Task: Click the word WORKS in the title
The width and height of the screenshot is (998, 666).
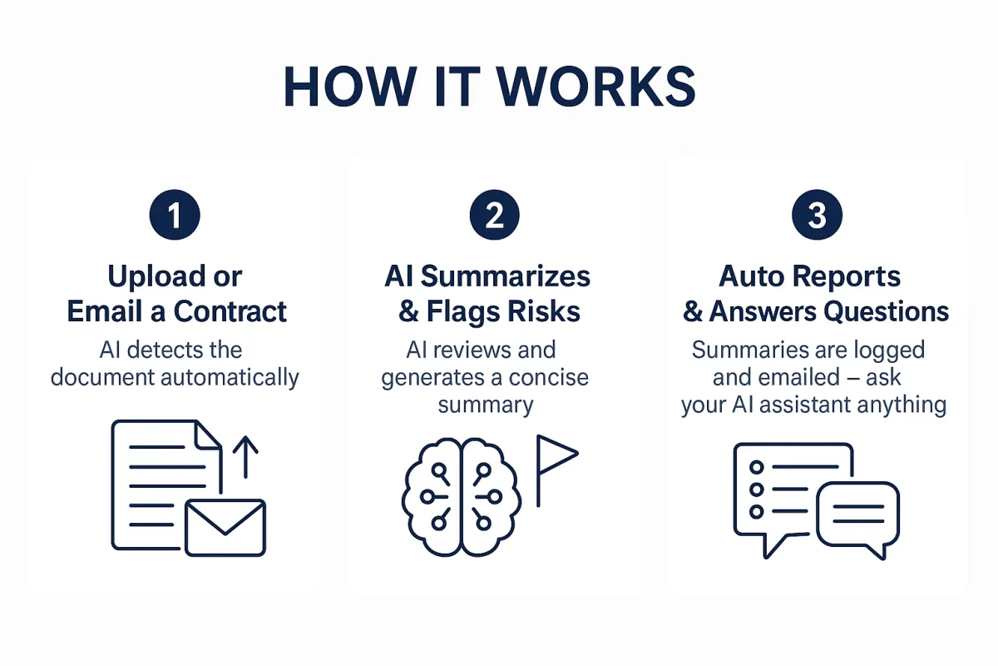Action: pos(596,87)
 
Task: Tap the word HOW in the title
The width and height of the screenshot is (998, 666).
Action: pos(351,87)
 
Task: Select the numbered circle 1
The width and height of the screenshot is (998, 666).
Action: pos(175,215)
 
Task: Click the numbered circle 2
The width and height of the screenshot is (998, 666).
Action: pos(495,215)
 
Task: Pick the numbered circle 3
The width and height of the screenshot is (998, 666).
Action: pos(817,215)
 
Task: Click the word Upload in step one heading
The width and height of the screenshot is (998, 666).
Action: pos(156,277)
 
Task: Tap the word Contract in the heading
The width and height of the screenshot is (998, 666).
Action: pos(230,311)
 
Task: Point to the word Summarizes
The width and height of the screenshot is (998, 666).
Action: pos(506,276)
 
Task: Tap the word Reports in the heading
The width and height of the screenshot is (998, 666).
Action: pos(847,277)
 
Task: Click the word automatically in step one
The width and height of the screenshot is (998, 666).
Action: pos(230,378)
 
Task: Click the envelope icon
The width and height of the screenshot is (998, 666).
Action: pos(225,528)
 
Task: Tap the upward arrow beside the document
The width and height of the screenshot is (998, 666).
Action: pos(245,457)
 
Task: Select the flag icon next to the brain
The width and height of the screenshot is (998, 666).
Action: pos(557,470)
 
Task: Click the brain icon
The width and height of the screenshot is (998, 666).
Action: pos(461,497)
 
